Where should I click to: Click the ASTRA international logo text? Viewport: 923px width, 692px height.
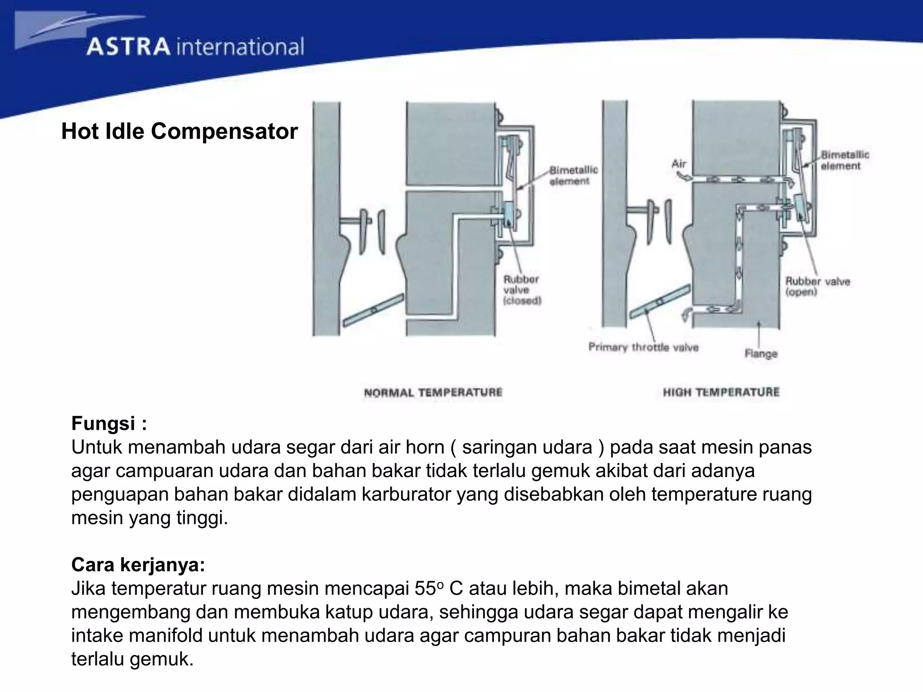195,47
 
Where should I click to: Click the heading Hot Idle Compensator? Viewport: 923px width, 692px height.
179,132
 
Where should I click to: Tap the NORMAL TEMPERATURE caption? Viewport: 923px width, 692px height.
433,392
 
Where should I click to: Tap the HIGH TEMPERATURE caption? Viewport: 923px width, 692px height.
721,392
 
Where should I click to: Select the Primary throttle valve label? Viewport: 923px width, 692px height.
644,347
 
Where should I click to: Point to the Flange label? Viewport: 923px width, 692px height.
761,354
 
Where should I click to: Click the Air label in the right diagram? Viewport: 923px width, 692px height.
679,164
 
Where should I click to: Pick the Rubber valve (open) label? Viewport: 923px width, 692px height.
818,287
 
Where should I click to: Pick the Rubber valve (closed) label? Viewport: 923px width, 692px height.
522,290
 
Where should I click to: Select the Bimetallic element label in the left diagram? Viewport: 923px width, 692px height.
573,175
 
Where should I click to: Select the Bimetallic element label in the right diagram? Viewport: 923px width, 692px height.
845,160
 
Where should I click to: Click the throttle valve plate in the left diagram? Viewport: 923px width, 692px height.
373,310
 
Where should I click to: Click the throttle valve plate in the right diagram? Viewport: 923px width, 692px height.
660,301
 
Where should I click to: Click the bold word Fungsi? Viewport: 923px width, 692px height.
104,423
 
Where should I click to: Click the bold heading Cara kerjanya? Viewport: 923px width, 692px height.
138,565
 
